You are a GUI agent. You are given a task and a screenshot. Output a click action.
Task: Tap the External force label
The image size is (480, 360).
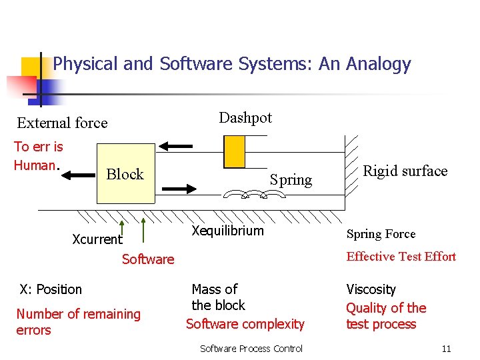62,123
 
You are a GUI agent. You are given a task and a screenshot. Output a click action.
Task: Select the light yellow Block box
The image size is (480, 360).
125,173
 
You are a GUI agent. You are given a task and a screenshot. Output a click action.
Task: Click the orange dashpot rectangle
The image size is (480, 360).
235,151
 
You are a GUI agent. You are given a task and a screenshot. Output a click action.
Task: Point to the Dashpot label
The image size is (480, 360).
245,118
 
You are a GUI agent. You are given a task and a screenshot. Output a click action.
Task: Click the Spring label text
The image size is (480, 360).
291,179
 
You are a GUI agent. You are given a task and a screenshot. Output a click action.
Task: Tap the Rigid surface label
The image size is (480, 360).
405,171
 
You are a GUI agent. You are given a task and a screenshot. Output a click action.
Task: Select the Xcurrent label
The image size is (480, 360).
97,239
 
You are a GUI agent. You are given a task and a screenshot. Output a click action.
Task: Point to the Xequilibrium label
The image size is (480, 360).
227,231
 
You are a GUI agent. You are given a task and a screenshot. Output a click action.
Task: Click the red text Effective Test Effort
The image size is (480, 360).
401,257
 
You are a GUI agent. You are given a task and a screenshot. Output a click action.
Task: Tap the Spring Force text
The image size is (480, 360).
381,234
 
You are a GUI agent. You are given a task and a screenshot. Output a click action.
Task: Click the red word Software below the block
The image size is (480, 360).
148,259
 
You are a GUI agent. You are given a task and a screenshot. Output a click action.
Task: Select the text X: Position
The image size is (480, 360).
51,289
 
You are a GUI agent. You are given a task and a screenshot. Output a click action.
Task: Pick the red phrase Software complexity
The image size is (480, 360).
245,324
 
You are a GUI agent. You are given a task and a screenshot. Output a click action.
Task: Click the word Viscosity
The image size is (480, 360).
371,290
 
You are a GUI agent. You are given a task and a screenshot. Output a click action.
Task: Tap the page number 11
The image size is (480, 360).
446,349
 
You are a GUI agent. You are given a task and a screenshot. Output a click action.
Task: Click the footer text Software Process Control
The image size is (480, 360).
251,349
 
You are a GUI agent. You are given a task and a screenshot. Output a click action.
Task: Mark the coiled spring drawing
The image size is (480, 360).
254,194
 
